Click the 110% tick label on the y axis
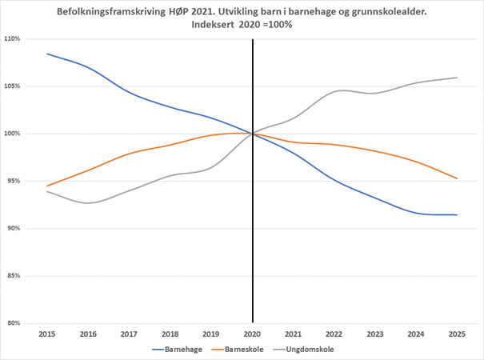(x=12, y=39)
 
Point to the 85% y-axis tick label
(x=14, y=276)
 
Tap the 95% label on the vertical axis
(x=14, y=182)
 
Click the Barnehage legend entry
(x=177, y=349)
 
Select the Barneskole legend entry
(x=242, y=349)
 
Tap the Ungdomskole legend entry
(x=310, y=349)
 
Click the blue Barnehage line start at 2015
(x=47, y=54)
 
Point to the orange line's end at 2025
(x=457, y=178)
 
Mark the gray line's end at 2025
(x=457, y=78)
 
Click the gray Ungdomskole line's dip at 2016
(x=88, y=202)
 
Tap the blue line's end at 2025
(x=457, y=214)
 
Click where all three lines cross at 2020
(x=253, y=134)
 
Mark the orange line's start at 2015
(x=47, y=186)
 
